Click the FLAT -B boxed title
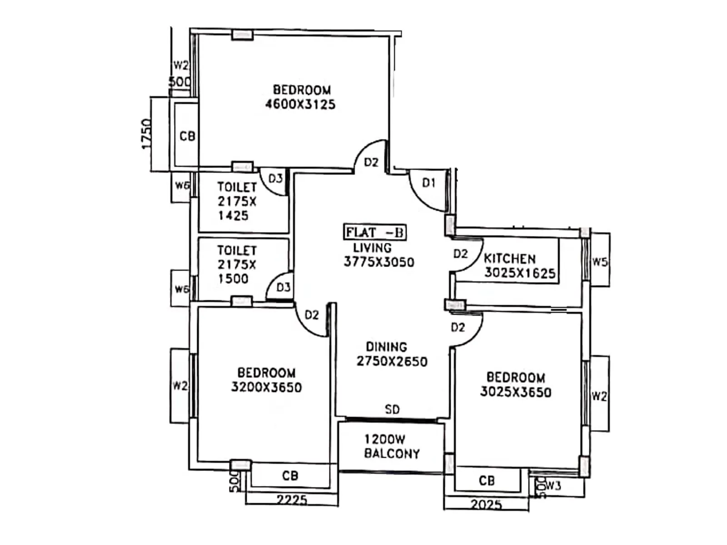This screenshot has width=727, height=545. click(x=374, y=233)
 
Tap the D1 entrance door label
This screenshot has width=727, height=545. click(x=428, y=183)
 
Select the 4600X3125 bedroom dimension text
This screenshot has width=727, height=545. click(x=300, y=104)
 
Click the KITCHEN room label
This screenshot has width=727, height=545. click(x=509, y=259)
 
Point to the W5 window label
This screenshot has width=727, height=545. click(x=599, y=262)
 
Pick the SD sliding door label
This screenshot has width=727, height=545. click(x=392, y=410)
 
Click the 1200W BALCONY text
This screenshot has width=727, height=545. click(x=392, y=446)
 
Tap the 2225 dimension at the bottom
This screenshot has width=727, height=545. click(x=292, y=500)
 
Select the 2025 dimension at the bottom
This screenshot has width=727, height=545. click(x=486, y=504)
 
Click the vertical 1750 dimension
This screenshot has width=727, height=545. click(x=146, y=134)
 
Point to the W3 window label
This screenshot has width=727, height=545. click(x=553, y=486)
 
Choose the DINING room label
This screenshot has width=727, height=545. click(x=387, y=347)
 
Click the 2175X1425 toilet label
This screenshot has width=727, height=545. click(x=237, y=201)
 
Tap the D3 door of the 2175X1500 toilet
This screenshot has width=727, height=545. click(x=283, y=287)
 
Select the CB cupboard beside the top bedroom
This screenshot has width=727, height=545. click(x=187, y=136)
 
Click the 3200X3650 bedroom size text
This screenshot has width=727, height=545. click(x=266, y=387)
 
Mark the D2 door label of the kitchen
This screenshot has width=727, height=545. click(x=460, y=254)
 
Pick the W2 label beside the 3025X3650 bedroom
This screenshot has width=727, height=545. click(x=599, y=396)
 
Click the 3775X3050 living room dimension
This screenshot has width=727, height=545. click(x=379, y=262)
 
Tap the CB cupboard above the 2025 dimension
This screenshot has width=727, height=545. click(x=487, y=481)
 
